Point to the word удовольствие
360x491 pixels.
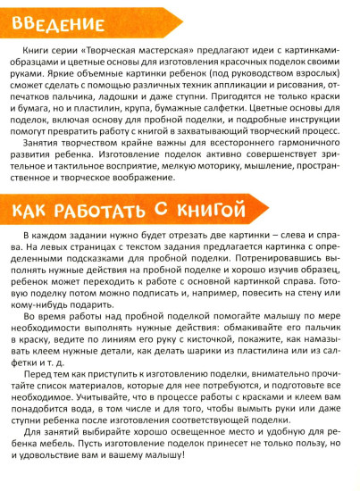coord(76,478)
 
